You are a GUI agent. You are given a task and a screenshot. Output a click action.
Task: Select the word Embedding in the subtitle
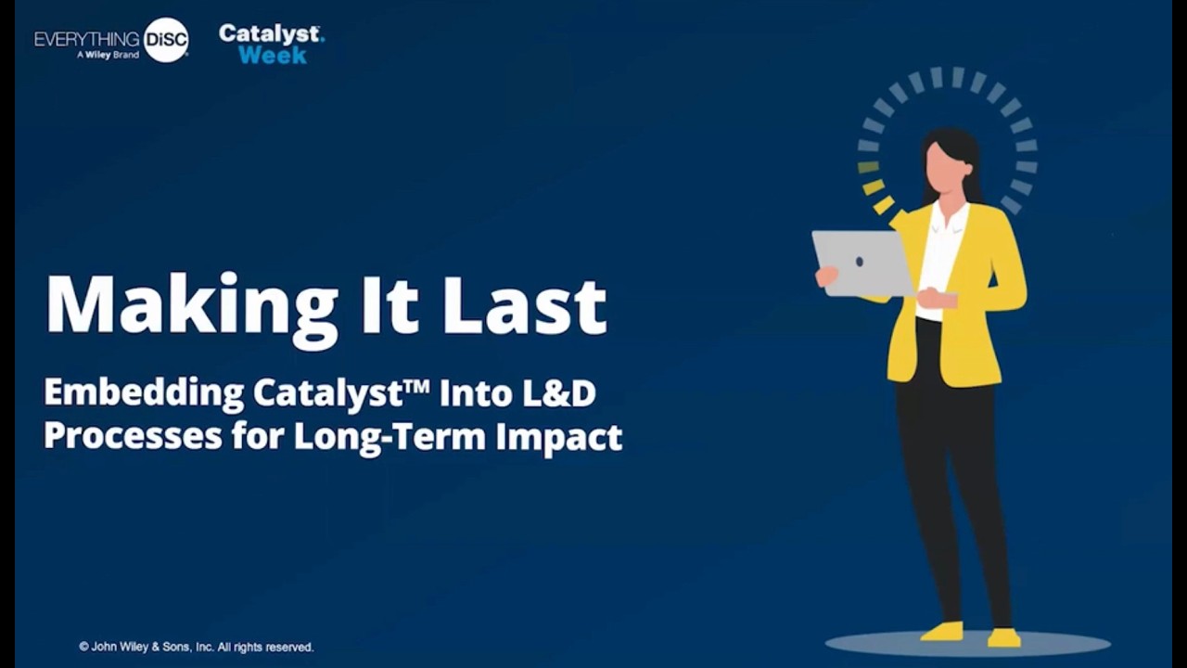coord(143,393)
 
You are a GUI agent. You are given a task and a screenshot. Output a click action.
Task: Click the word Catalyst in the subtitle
coord(329,393)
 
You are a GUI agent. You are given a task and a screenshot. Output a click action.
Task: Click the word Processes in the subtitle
coord(133,436)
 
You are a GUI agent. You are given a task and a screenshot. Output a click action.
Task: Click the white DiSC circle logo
coord(167,40)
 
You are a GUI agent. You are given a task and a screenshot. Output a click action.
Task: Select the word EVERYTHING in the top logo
coord(87,39)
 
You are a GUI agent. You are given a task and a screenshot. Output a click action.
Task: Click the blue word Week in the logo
coord(272,56)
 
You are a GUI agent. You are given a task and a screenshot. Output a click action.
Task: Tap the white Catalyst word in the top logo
coord(270,33)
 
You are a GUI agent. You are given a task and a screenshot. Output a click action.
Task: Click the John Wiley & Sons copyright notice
coord(197,647)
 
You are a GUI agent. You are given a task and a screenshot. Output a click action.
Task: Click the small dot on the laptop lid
coord(860,263)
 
